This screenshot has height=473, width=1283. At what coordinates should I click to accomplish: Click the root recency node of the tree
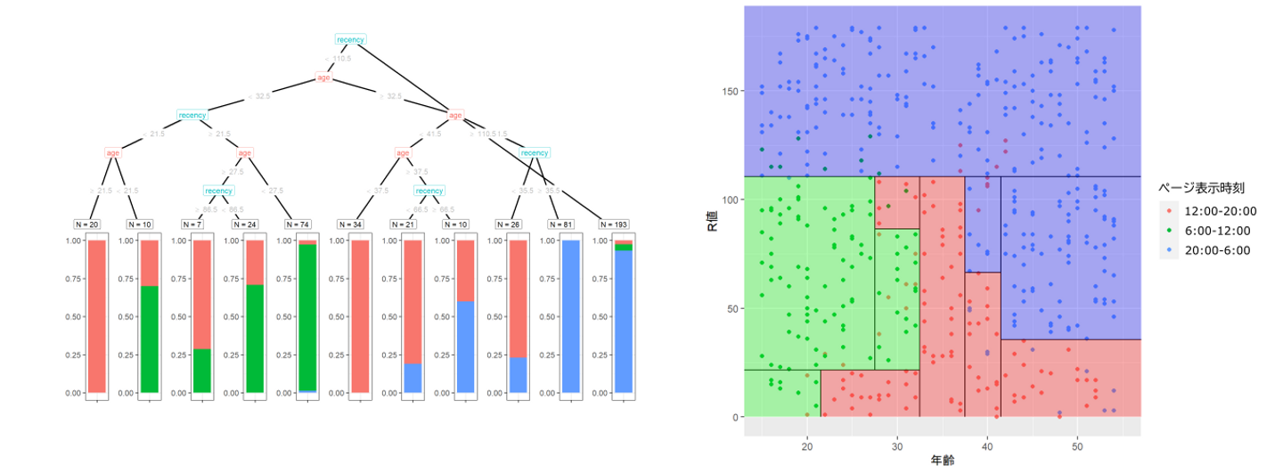click(x=351, y=39)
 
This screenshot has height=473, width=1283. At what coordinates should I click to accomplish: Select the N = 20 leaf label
click(x=88, y=223)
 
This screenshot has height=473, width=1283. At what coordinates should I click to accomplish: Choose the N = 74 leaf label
click(x=299, y=223)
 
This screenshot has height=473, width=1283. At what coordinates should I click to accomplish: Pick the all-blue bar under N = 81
click(x=570, y=316)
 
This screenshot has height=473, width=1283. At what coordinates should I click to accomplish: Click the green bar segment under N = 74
click(x=307, y=316)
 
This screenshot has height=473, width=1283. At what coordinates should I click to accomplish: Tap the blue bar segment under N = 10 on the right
click(x=466, y=347)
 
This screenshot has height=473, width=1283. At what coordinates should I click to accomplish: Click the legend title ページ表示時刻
click(x=1200, y=188)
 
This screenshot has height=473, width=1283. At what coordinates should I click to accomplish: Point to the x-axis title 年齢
click(x=943, y=461)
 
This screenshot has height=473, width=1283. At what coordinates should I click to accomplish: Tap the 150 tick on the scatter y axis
click(x=730, y=91)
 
